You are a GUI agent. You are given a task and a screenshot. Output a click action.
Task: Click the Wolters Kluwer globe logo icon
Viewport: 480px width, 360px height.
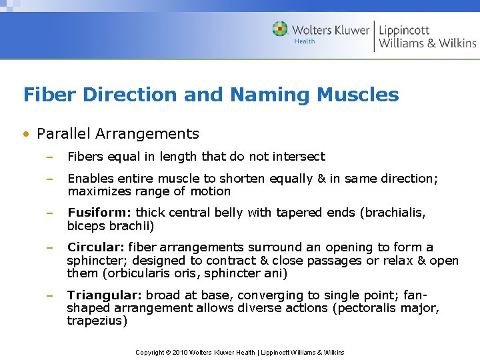[x=280, y=29]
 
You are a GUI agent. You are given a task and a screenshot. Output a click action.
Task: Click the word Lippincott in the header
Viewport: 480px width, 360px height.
[x=404, y=30]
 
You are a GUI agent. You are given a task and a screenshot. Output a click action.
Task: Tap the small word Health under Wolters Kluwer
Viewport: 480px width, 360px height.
[x=305, y=41]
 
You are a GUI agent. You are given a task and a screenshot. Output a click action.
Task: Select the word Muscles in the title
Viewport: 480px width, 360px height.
[x=358, y=95]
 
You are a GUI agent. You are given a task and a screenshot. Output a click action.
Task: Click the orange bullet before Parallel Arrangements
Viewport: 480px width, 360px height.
[x=26, y=134]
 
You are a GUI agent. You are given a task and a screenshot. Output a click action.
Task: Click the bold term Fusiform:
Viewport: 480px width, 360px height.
[x=99, y=213]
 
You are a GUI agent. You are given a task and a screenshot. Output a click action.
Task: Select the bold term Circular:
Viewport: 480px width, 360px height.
[x=96, y=247]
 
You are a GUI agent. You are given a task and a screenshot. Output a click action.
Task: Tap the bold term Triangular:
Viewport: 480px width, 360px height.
[x=104, y=295]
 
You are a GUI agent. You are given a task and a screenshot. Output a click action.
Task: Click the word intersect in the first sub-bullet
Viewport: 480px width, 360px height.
[x=301, y=157]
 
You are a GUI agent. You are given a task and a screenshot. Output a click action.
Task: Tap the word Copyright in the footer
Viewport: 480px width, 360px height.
[x=150, y=352]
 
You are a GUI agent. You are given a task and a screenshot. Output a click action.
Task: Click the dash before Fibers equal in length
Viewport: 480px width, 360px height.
[x=49, y=157]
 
